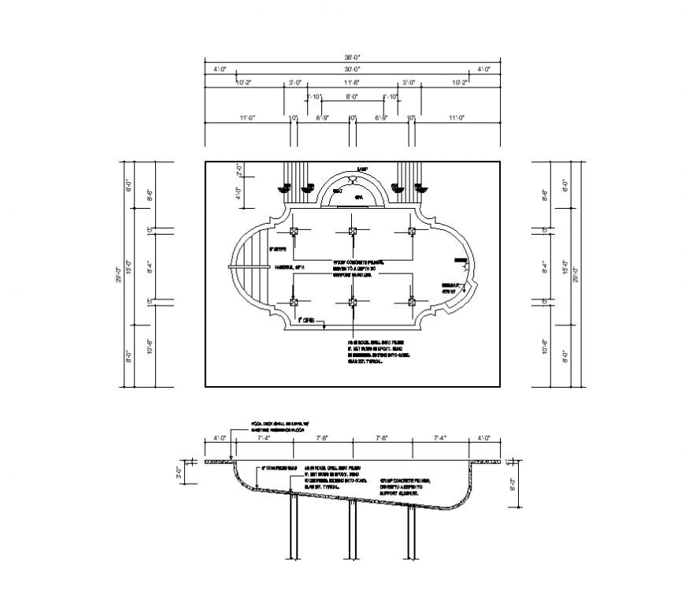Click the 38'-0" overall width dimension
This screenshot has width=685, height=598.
(352, 58)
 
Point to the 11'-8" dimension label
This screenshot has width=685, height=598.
(352, 83)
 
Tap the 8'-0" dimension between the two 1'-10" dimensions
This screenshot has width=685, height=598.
(352, 97)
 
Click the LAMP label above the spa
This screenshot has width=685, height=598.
(362, 169)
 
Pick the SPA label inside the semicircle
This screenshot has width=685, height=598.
(358, 195)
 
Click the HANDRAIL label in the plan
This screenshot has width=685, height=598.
(288, 268)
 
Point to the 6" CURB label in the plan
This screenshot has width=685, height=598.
(306, 321)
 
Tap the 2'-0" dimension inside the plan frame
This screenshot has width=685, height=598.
(239, 169)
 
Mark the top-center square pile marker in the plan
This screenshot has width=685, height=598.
(353, 231)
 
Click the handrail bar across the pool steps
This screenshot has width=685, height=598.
(247, 267)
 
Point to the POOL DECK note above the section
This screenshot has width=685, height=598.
(279, 426)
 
